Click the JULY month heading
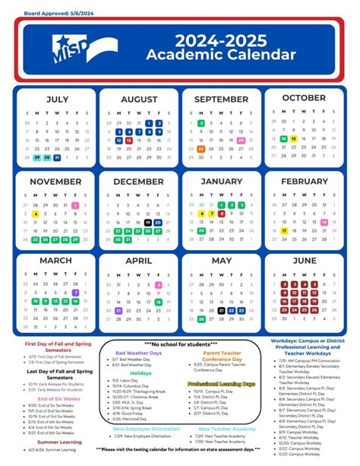pos(57,100)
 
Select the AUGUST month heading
pos(139,100)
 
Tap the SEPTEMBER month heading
pos(220,100)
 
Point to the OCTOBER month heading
pos(304,98)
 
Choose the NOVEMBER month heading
pos(57,182)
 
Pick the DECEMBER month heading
pos(139,182)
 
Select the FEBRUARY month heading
pos(304,182)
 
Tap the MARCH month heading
pos(57,261)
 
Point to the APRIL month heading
pos(139,261)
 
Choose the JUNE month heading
pos(304,261)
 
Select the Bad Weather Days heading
pos(138,353)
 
